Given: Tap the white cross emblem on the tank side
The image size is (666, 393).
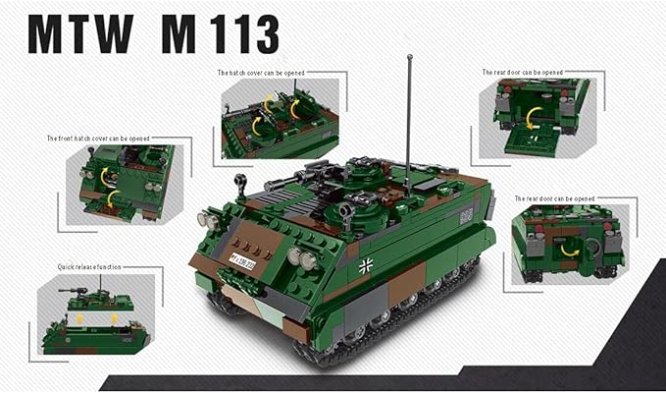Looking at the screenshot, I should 366,264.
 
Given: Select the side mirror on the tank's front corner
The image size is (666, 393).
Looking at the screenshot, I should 239,185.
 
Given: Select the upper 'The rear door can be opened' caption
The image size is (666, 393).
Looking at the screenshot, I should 522,72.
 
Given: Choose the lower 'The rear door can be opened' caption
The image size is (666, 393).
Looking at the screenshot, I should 554,198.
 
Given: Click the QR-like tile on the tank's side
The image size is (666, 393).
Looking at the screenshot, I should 466,215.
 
